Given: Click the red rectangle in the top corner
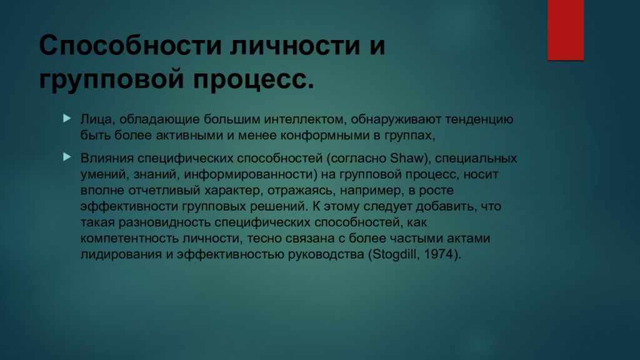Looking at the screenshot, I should [566, 29].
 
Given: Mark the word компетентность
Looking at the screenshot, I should [126, 239].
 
